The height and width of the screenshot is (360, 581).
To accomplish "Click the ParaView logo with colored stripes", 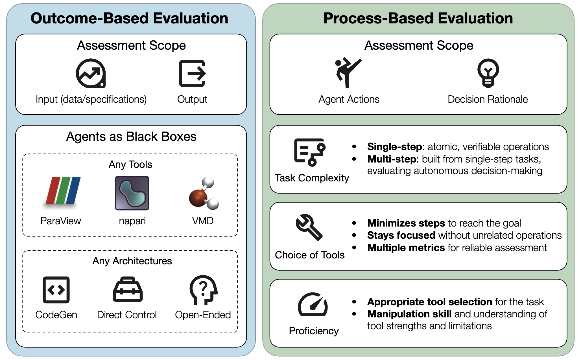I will point(63,191).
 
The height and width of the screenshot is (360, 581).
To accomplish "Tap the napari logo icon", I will point(132,193).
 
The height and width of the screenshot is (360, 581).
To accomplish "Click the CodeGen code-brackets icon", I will point(56,290).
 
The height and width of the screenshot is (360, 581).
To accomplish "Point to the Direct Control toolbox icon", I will point(128,290).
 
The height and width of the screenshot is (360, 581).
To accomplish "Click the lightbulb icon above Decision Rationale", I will point(488,73).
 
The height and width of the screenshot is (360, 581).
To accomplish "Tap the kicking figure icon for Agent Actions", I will point(347,73).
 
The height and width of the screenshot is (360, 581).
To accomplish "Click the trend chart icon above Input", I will point(91,73).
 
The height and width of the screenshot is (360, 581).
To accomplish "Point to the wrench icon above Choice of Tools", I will point(309,227).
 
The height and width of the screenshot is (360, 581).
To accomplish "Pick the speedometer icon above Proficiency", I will point(313,305).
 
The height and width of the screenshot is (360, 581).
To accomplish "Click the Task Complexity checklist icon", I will point(310,152).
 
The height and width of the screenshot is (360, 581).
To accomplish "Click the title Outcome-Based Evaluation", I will point(129,18).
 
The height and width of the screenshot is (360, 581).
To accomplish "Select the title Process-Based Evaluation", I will point(418,18).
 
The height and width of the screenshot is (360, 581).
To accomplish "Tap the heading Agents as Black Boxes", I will point(131,137).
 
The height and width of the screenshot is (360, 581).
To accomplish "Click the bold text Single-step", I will point(394,147).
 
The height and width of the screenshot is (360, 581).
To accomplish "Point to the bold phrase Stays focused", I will point(401,235).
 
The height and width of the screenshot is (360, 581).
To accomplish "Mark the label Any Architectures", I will point(132,261).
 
